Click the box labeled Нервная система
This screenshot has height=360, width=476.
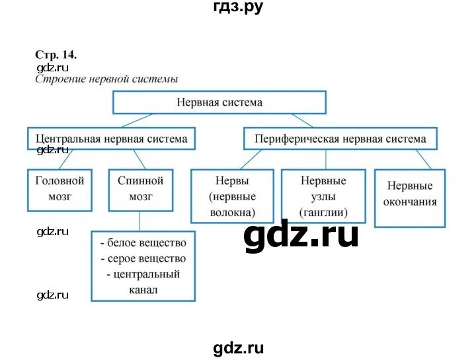219,102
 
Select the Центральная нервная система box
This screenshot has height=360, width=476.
111,139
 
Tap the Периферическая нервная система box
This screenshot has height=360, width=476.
340,139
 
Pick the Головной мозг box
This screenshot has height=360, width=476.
59,189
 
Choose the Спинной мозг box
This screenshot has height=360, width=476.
140,189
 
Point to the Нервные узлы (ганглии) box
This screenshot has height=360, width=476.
323,196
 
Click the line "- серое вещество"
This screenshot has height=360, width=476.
143,258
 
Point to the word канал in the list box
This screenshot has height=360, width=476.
143,289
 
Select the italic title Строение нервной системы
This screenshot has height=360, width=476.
106,79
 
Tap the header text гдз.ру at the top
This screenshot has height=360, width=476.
238,7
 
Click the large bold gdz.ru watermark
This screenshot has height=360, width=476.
301,235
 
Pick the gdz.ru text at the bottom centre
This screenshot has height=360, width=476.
239,349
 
